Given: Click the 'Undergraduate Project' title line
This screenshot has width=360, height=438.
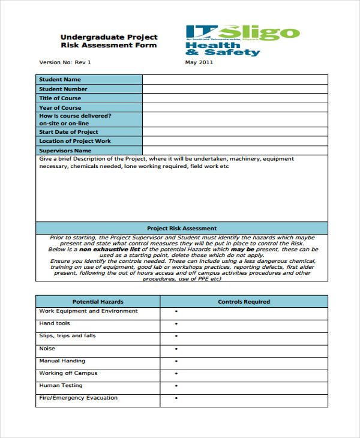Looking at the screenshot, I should [109, 36].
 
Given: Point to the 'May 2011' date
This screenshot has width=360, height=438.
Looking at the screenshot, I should [199, 62].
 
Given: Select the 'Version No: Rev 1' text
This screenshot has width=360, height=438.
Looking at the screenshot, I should [65, 62].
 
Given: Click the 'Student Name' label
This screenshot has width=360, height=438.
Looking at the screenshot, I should [60, 79].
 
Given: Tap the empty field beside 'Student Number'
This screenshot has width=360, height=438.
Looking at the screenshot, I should [235, 89].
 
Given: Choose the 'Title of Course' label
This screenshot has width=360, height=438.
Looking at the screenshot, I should [60, 98].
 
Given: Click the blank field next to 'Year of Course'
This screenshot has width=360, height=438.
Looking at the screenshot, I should [235, 108].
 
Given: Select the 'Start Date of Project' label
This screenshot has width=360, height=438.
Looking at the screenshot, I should [68, 132].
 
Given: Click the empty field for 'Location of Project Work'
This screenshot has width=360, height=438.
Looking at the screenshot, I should [235, 141].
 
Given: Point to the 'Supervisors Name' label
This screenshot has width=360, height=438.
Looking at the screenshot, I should [65, 151].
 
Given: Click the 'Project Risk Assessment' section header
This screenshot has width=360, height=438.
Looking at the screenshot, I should [182, 229].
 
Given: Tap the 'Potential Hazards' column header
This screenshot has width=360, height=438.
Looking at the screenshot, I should [98, 301].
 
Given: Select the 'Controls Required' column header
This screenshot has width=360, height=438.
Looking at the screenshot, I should [244, 301].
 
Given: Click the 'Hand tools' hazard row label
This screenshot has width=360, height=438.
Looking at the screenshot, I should [55, 323].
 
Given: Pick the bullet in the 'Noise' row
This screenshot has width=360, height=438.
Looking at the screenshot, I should [176, 349].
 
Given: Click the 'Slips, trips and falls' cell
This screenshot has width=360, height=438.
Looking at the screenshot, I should [67, 336].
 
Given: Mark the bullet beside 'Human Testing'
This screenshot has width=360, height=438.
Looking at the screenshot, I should [176, 386].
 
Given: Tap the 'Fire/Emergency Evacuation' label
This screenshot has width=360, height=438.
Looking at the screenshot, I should [78, 398].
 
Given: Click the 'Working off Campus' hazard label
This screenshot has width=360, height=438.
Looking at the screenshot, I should [68, 373].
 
